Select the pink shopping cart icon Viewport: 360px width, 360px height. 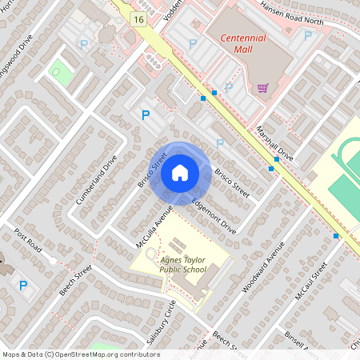(x=262, y=88)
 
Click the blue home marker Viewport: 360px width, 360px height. (x=179, y=173)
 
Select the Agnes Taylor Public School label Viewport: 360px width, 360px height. (x=183, y=264)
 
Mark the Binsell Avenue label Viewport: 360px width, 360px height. (x=304, y=342)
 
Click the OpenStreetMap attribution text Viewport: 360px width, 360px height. (x=81, y=354)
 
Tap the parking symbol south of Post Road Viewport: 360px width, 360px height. (x=22, y=286)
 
